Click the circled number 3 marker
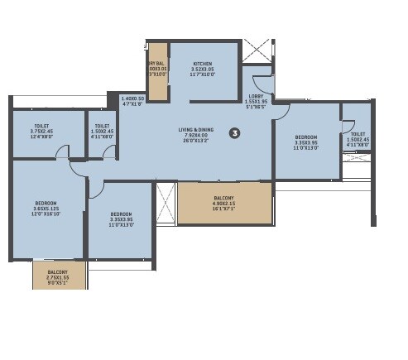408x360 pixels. [x=234, y=132]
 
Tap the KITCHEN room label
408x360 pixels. [x=204, y=64]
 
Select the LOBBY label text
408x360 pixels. [x=256, y=96]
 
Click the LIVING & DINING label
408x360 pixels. [x=194, y=130]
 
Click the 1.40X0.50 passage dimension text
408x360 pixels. [x=132, y=98]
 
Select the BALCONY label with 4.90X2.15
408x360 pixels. [x=223, y=198]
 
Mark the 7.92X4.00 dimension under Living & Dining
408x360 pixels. [x=195, y=136]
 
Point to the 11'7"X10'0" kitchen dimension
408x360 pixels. [x=204, y=74]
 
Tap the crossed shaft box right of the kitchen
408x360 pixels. [x=257, y=49]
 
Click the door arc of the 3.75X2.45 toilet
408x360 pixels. [x=77, y=168]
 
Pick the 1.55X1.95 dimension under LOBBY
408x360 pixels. [x=257, y=102]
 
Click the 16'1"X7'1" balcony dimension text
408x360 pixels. [x=223, y=209]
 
